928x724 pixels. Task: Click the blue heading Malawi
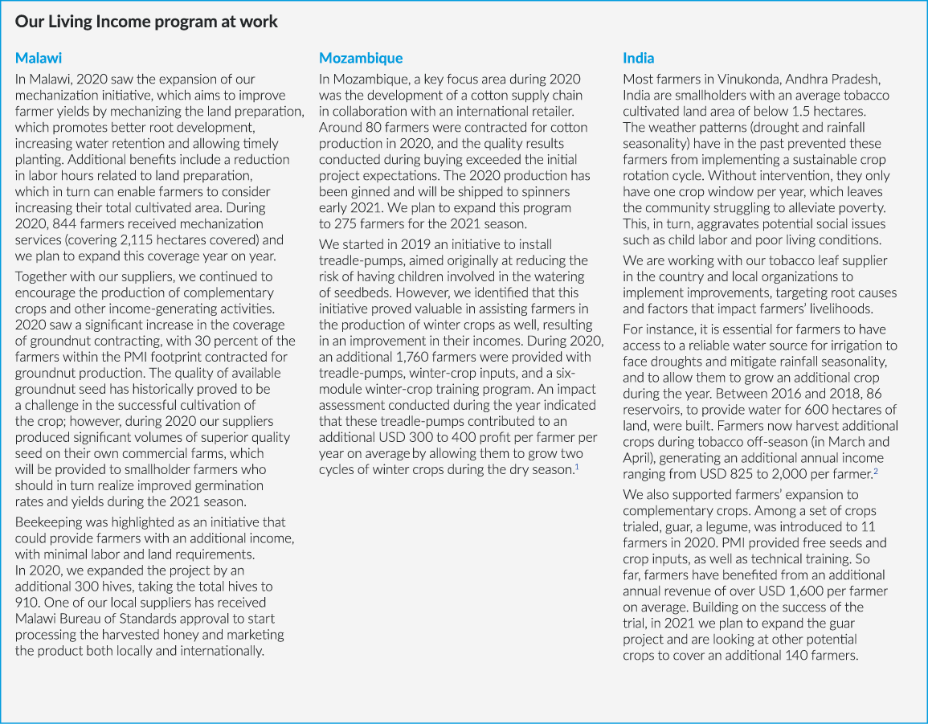pyautogui.click(x=39, y=58)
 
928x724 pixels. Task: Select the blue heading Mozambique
pyautogui.click(x=361, y=58)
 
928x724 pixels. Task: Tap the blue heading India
pyautogui.click(x=639, y=58)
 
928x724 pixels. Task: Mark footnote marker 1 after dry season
pyautogui.click(x=576, y=467)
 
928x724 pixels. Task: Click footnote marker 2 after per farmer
pyautogui.click(x=875, y=472)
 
